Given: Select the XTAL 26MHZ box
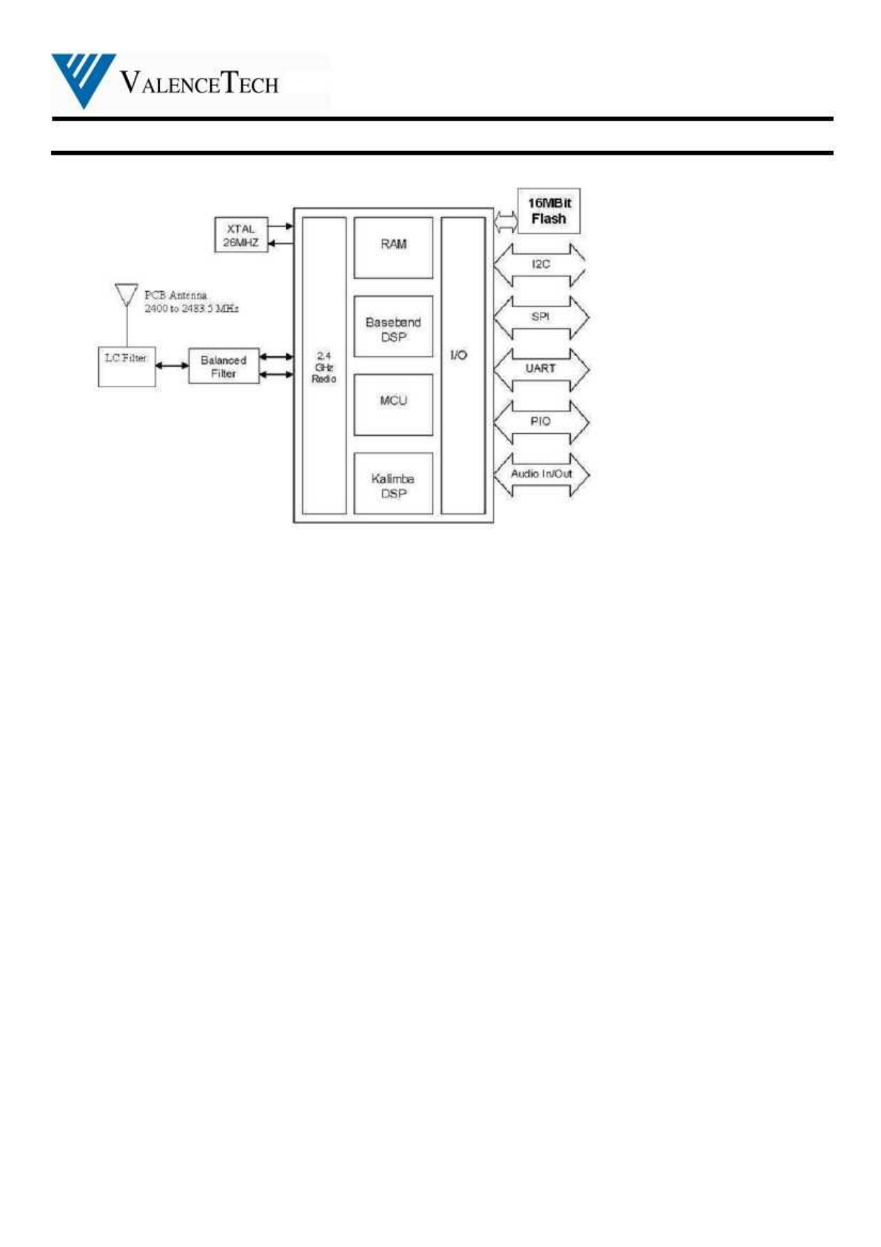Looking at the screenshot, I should pyautogui.click(x=241, y=235).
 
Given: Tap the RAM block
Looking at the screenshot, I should pyautogui.click(x=393, y=247).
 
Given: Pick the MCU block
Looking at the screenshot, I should pyautogui.click(x=393, y=404).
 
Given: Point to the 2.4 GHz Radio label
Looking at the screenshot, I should pyautogui.click(x=324, y=367).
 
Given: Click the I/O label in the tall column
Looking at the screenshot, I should pyautogui.click(x=459, y=355).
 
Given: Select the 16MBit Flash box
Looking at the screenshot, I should pyautogui.click(x=548, y=211).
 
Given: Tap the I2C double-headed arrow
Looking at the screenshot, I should pyautogui.click(x=540, y=264).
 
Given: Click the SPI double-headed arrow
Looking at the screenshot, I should pyautogui.click(x=540, y=317).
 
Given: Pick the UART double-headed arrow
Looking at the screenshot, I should pyautogui.click(x=540, y=369).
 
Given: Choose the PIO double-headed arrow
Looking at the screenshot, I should pyautogui.click(x=540, y=421).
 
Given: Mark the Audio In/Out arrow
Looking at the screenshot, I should pyautogui.click(x=540, y=474).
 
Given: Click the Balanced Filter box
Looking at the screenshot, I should pyautogui.click(x=224, y=367).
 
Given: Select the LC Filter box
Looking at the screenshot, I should pyautogui.click(x=127, y=367).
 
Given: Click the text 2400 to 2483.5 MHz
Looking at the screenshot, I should pyautogui.click(x=191, y=308).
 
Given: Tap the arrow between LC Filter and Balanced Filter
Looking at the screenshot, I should pyautogui.click(x=172, y=366).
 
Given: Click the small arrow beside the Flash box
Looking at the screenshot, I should pyautogui.click(x=506, y=221).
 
